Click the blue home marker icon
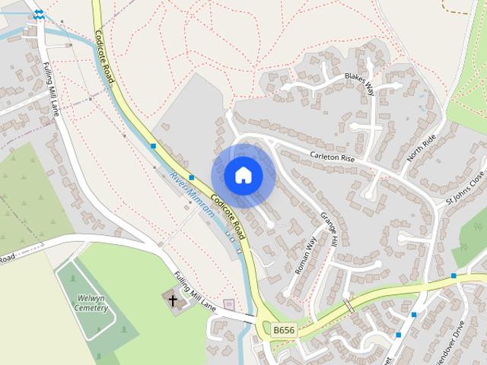pos(243,176)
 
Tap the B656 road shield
pos(283,330)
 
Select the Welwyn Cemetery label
pos(91,303)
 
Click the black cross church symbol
pos(173,300)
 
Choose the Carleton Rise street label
pos(333,157)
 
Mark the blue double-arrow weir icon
pos(38,14)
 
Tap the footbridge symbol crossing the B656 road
pos(349,305)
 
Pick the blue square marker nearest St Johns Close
pos(454,275)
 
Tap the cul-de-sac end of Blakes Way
pos(287,87)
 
